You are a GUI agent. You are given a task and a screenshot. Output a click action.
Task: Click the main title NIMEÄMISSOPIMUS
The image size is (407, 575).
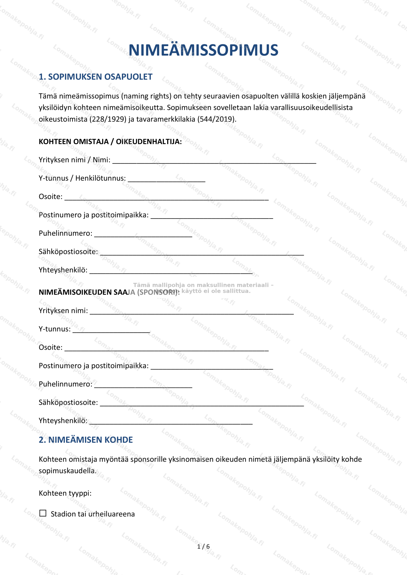point(203,50)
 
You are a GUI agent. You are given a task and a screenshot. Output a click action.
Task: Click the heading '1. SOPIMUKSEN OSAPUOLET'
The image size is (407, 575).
point(96,77)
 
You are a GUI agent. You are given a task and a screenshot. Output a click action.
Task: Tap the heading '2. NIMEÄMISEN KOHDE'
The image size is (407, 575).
point(86,440)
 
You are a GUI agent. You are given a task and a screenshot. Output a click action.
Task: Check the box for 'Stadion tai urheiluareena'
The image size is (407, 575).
point(43,513)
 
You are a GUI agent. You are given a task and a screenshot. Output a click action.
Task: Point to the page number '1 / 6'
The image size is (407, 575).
point(203,546)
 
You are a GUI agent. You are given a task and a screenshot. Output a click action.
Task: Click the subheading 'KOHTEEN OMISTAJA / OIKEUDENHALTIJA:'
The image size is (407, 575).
point(110,142)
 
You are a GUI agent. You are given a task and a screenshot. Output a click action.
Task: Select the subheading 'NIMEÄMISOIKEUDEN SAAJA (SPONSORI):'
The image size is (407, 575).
point(109,292)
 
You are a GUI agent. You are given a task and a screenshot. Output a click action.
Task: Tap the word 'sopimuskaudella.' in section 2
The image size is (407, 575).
point(67,471)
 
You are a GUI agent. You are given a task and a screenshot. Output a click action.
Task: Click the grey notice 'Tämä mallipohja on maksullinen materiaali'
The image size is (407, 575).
point(203,285)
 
